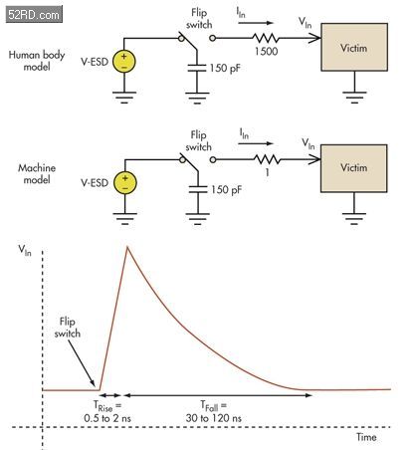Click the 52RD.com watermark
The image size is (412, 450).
coord(34,14)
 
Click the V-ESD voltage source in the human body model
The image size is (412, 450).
coord(124,61)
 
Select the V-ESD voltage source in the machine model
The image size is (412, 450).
coord(125,182)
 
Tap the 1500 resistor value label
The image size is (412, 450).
coord(267,52)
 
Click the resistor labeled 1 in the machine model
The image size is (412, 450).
coord(268,159)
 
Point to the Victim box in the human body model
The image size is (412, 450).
coord(354,47)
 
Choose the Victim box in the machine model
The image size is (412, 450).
coord(354,168)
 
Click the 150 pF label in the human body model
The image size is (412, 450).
coord(225,69)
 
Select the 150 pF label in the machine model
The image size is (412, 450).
coord(226,190)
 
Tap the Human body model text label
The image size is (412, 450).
coord(37,61)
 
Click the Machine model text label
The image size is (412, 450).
coord(37,173)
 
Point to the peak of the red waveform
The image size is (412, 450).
coord(127,246)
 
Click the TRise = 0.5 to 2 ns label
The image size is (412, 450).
coord(107,412)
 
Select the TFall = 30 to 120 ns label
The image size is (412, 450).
coord(214,412)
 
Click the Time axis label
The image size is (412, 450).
coord(366,437)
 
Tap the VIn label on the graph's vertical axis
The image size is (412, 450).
coord(25,250)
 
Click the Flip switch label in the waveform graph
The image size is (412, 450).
coord(68,328)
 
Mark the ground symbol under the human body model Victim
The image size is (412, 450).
coord(354,98)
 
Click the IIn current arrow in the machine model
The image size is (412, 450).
coord(255,143)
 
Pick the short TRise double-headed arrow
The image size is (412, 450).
coord(110,395)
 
